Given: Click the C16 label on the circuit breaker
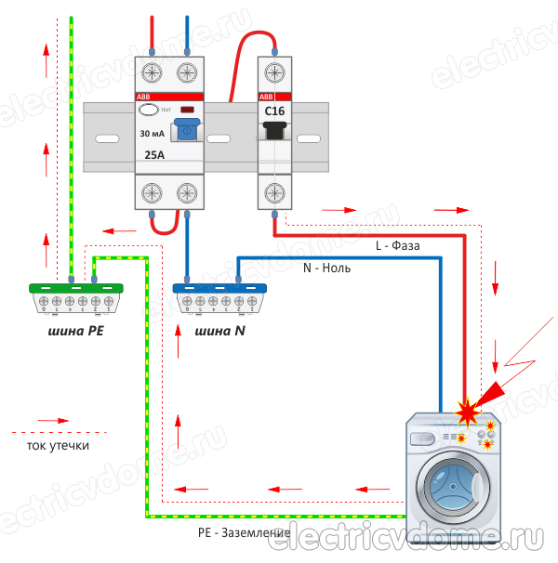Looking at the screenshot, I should [274, 111].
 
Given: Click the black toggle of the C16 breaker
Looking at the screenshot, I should [274, 132].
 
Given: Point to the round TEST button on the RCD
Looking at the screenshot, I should [149, 111].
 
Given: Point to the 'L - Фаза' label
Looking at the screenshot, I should [397, 247].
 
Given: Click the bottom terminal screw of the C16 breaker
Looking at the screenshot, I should [274, 192].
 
